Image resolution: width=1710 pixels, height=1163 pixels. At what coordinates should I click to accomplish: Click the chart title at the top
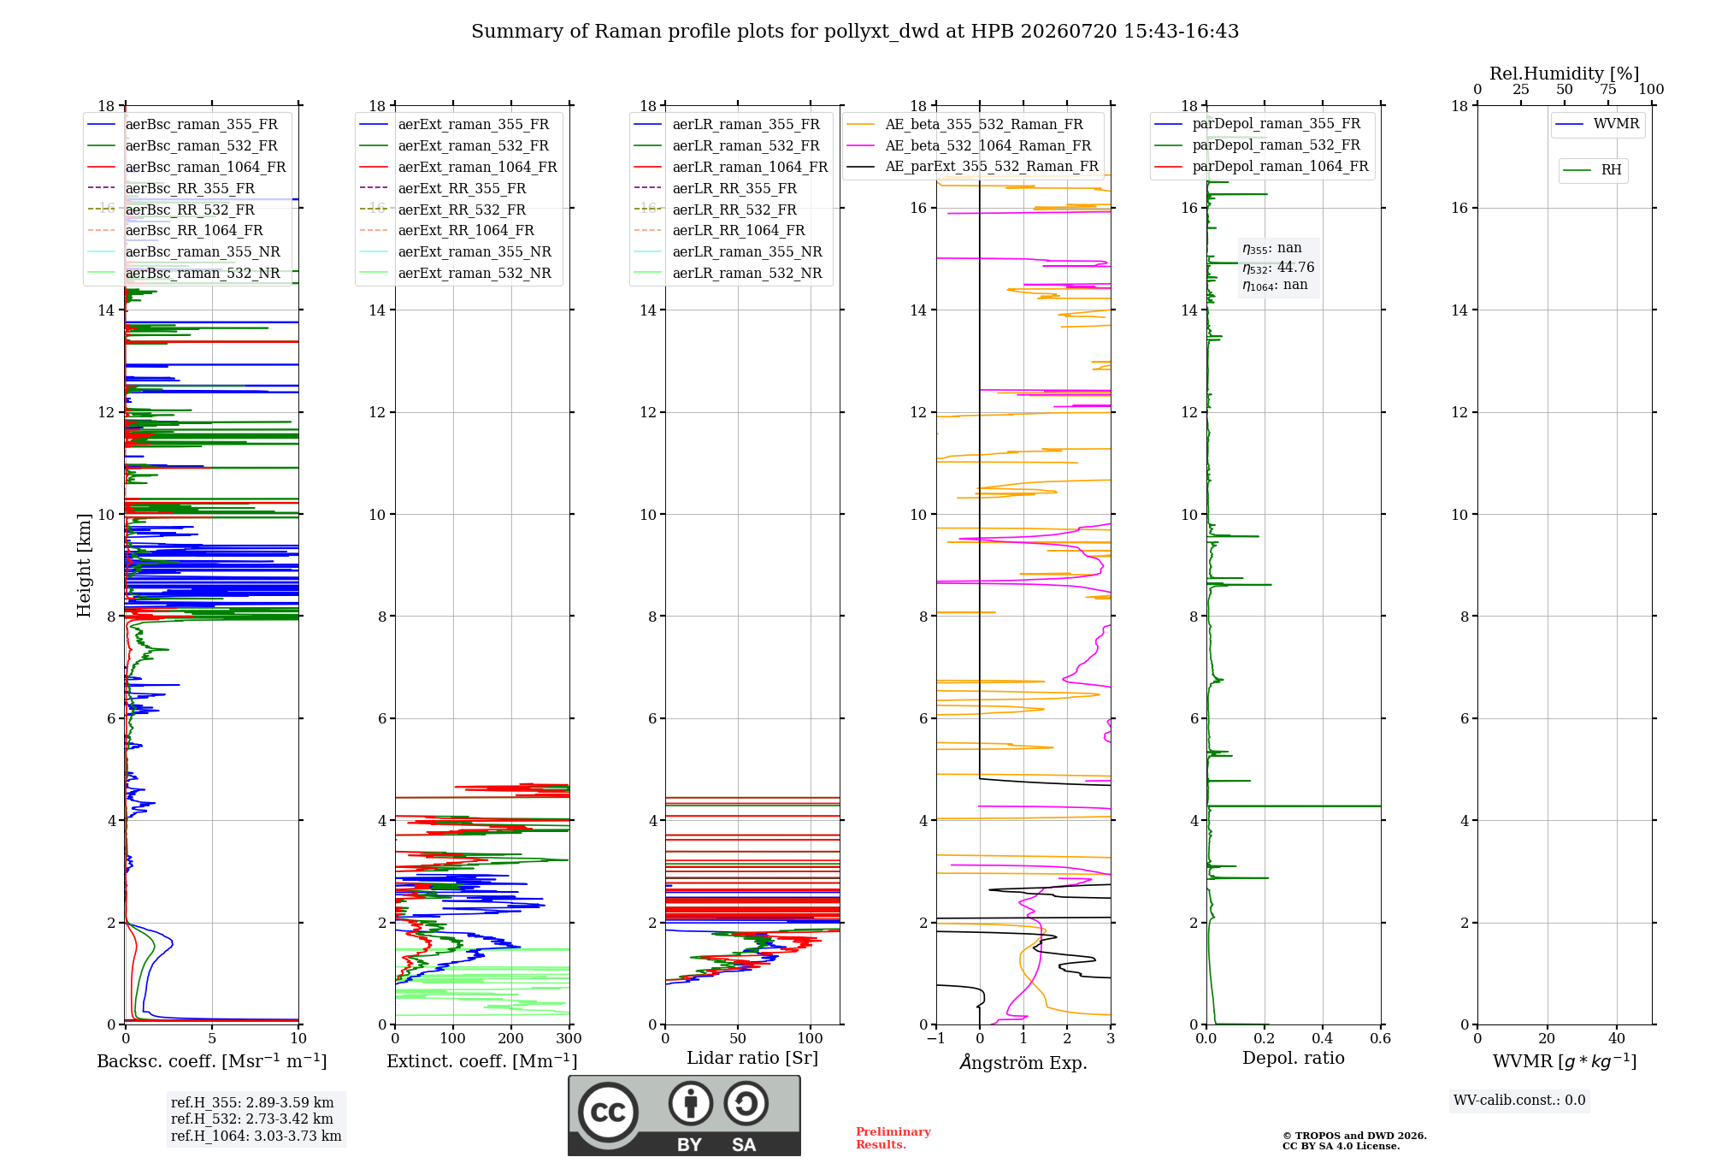click(x=855, y=32)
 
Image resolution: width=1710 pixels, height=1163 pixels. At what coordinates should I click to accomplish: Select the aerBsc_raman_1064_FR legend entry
click(x=186, y=167)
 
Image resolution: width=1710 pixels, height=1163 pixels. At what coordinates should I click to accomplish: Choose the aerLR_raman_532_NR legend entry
click(x=728, y=273)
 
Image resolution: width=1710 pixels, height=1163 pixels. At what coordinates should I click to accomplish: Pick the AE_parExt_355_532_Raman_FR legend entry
click(x=973, y=166)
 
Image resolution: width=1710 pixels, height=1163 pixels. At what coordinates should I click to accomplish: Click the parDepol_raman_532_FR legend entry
click(x=1258, y=145)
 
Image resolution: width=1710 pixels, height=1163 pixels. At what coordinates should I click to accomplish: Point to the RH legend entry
click(x=1592, y=170)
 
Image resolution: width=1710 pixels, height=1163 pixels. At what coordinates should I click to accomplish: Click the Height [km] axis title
click(x=84, y=565)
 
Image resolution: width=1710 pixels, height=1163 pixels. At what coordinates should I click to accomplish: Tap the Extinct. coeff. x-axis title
click(x=482, y=1061)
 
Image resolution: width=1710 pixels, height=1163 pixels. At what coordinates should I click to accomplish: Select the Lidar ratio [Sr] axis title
click(x=752, y=1059)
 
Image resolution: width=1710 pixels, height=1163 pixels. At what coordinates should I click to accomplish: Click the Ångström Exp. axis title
click(x=1023, y=1062)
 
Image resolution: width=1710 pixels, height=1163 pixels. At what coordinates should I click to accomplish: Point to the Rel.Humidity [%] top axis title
click(x=1565, y=74)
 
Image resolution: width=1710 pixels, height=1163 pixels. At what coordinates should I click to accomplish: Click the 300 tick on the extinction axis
click(x=569, y=1039)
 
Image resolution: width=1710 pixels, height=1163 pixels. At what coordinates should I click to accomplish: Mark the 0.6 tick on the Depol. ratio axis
click(x=1381, y=1039)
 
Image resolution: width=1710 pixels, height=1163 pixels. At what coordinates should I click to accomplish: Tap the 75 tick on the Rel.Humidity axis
click(x=1608, y=89)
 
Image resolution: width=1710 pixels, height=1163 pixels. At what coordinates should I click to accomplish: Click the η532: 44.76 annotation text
click(x=1278, y=268)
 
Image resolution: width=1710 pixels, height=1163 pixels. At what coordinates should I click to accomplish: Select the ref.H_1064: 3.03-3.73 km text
click(x=256, y=1136)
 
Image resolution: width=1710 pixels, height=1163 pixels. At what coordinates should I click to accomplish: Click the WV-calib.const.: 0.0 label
click(x=1519, y=1101)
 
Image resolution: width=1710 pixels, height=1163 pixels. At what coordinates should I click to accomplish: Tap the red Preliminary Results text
click(x=893, y=1138)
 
